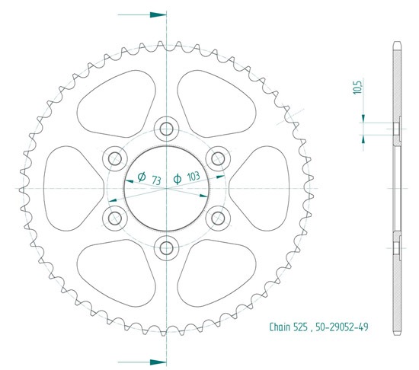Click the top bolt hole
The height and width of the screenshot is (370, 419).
(166, 129)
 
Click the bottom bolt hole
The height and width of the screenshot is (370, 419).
(166, 248)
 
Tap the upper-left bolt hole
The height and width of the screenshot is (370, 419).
(115, 159)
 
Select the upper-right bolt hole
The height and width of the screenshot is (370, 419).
(218, 159)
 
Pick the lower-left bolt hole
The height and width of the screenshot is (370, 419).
(115, 218)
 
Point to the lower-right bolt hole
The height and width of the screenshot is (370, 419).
(218, 218)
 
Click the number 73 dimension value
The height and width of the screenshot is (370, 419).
(156, 180)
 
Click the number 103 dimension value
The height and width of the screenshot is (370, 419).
(194, 176)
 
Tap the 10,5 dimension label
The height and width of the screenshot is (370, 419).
(357, 87)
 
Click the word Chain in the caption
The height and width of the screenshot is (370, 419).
(280, 327)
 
